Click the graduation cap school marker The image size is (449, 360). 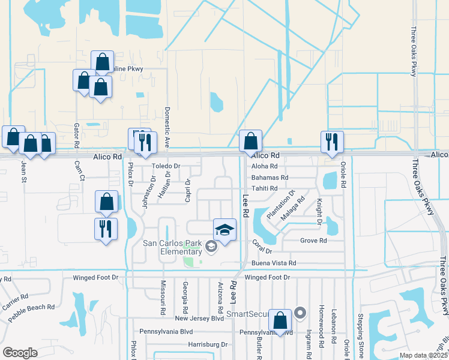(224, 230)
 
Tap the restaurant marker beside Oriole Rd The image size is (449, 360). (332, 142)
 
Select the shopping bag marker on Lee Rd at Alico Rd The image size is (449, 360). (251, 142)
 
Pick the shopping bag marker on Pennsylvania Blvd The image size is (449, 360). (280, 320)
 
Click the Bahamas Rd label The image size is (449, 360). (270, 178)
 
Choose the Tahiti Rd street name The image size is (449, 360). (265, 188)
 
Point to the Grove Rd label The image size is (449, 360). (313, 241)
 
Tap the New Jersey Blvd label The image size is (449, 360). (199, 319)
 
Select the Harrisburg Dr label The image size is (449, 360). (207, 344)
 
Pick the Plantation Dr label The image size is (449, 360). (280, 205)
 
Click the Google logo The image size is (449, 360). (20, 353)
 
